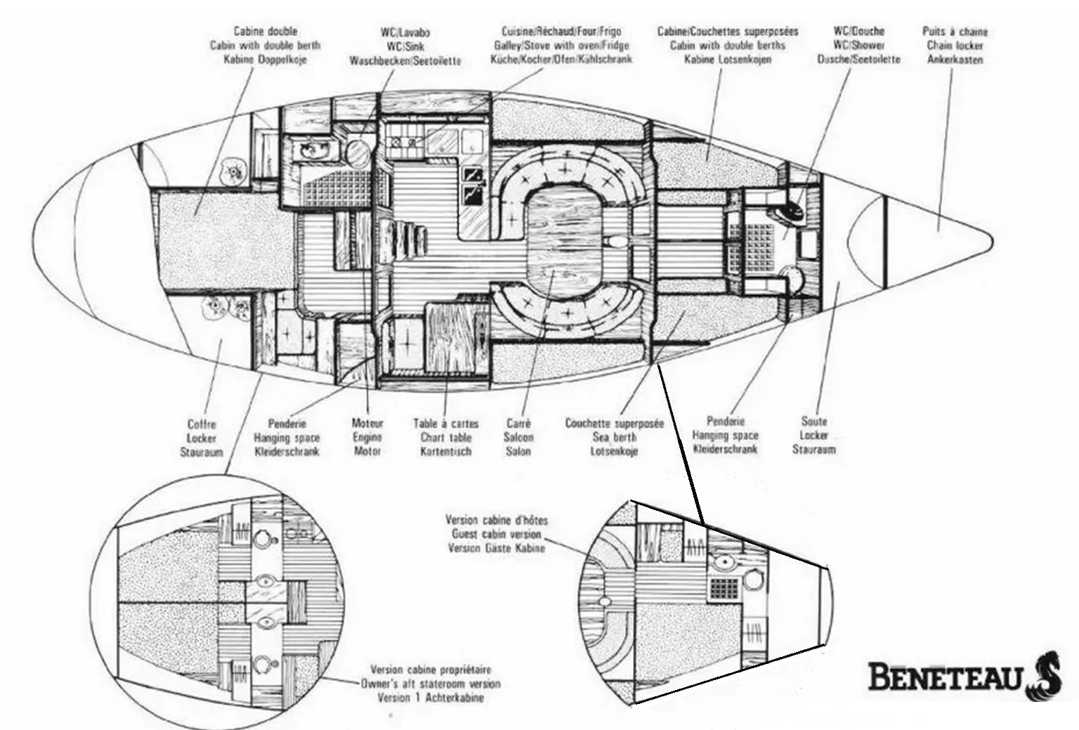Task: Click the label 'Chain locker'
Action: [x=955, y=46]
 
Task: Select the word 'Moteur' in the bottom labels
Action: [x=367, y=424]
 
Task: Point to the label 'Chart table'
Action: [x=445, y=438]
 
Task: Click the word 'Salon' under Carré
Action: [x=518, y=451]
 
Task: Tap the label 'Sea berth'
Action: [x=614, y=438]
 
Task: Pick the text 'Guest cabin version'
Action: [x=496, y=534]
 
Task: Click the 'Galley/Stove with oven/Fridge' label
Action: [x=561, y=46]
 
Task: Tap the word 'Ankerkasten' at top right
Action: [x=955, y=60]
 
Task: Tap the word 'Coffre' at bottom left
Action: [x=202, y=424]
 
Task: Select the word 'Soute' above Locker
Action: [x=814, y=422]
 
